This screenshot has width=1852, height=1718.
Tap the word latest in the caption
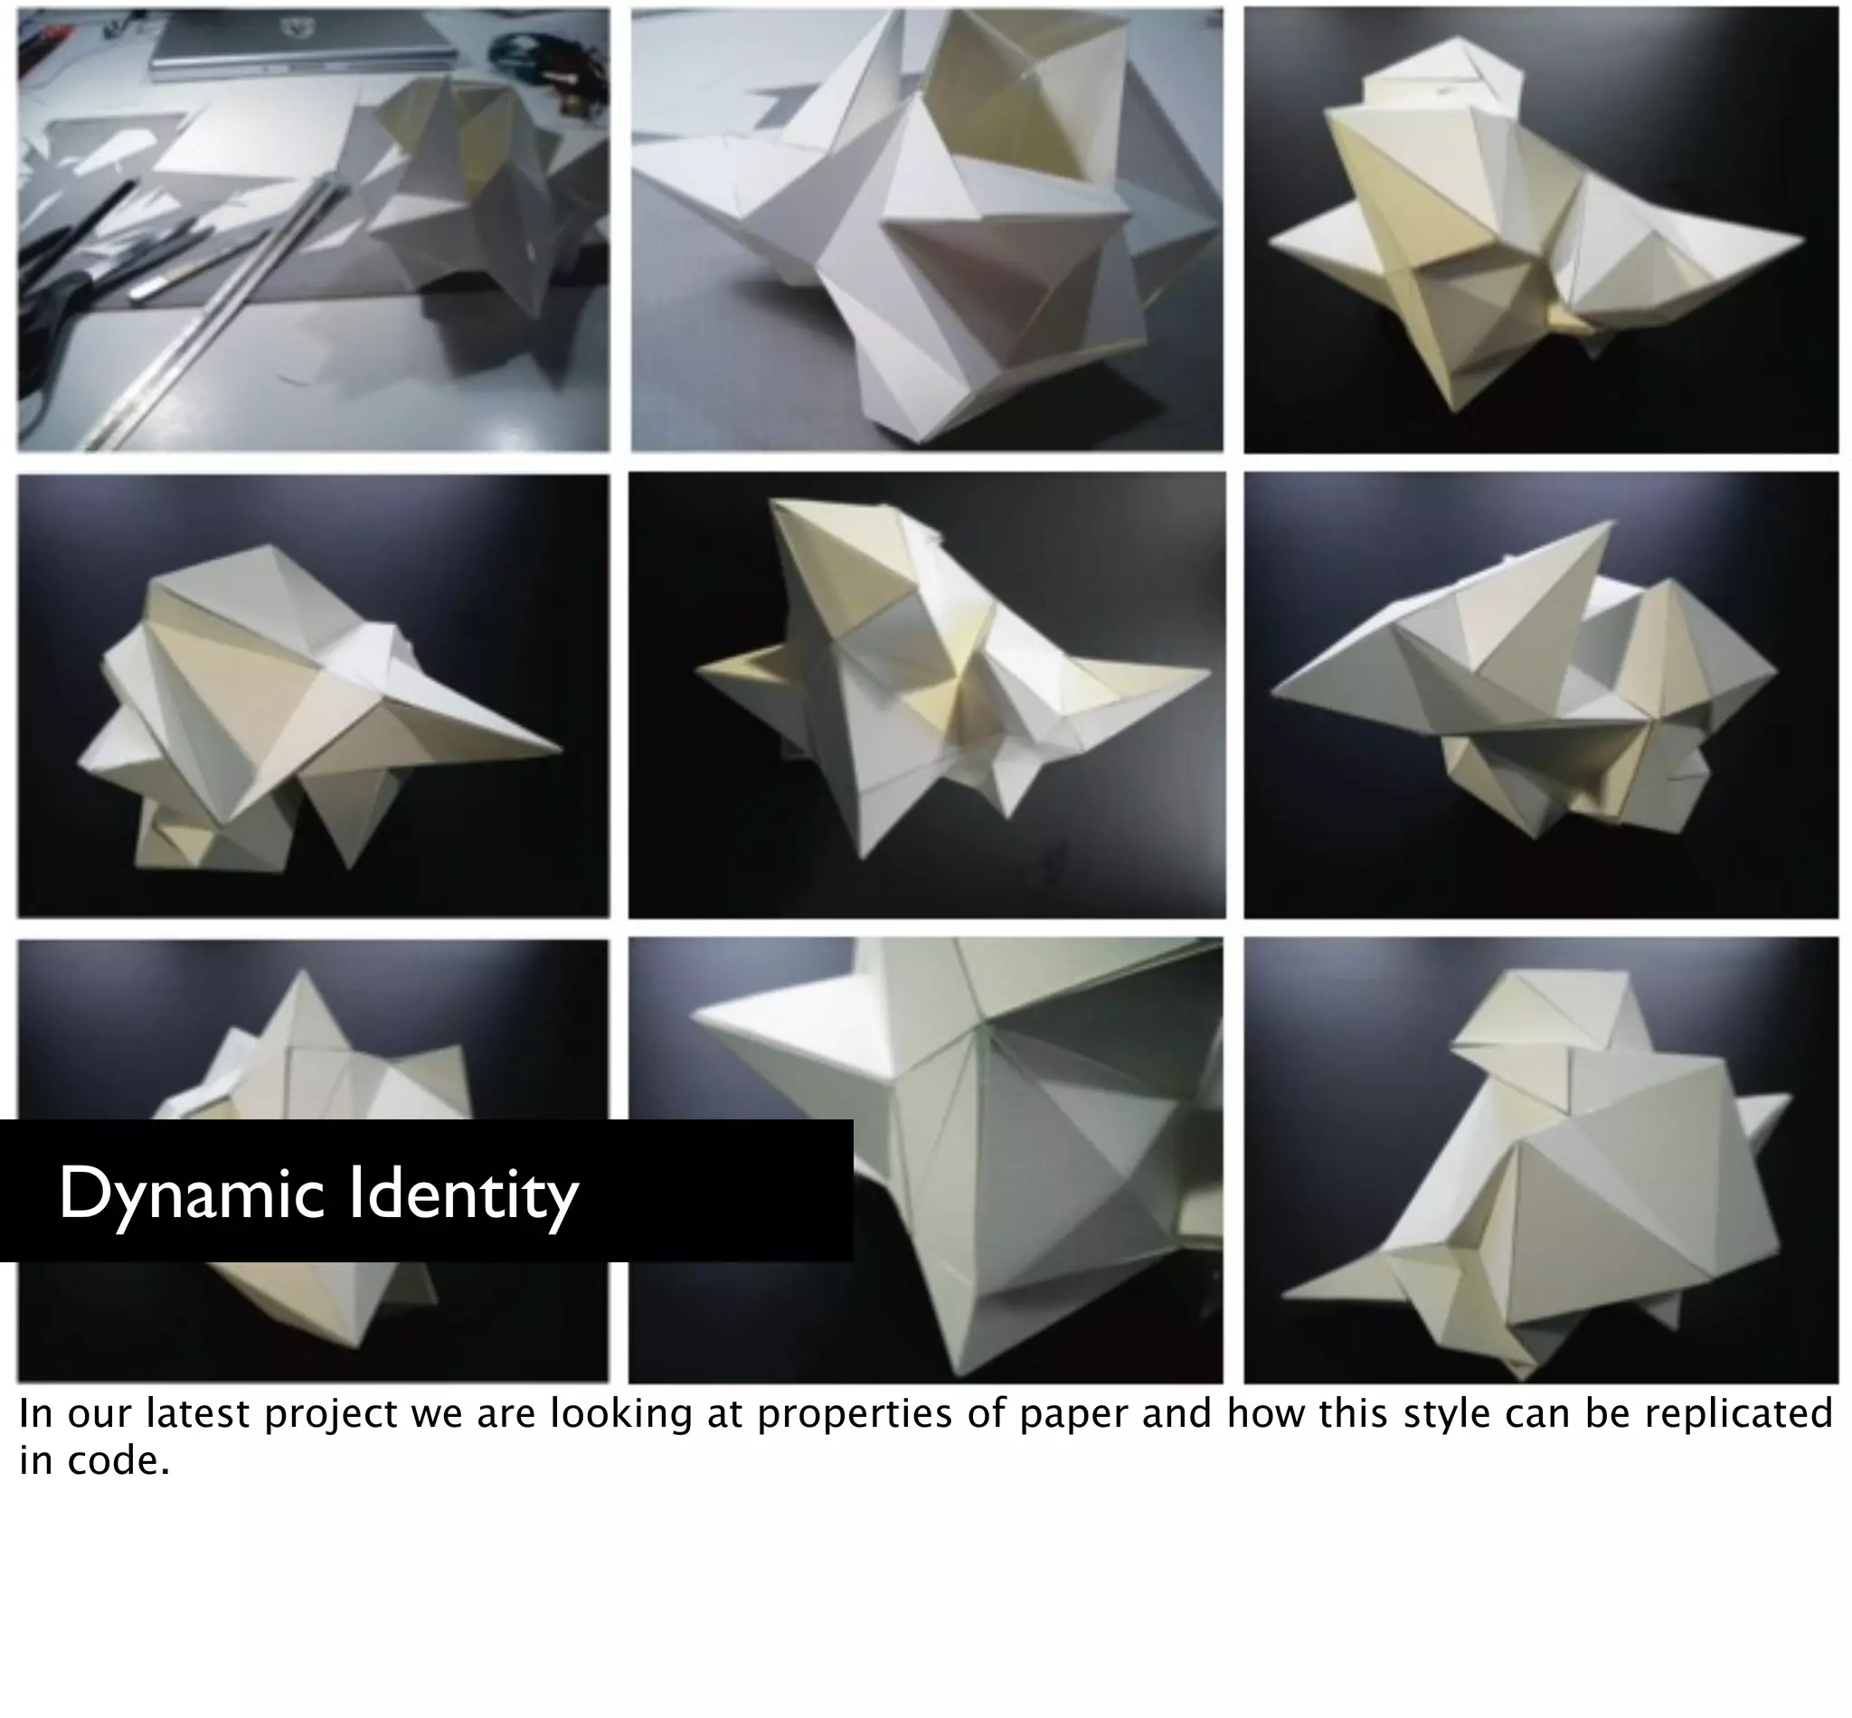pos(198,1414)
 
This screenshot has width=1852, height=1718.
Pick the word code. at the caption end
pos(119,1460)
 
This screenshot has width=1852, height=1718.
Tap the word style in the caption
pos(1444,1414)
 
